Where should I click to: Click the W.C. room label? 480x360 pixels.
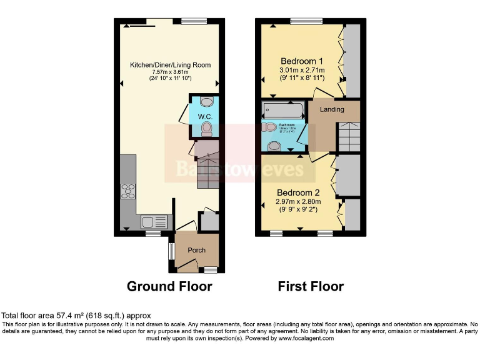(x=205, y=117)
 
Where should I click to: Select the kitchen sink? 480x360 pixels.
(x=149, y=221)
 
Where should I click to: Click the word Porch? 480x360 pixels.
(x=197, y=250)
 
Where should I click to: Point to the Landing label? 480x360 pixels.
(x=332, y=109)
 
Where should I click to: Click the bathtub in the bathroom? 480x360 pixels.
(x=283, y=111)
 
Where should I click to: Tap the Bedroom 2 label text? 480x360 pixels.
(x=299, y=192)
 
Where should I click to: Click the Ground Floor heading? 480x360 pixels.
(x=169, y=286)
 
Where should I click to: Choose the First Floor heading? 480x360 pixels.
(x=311, y=286)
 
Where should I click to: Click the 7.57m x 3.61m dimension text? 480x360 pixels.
(x=170, y=72)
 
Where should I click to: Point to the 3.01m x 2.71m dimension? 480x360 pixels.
(x=302, y=71)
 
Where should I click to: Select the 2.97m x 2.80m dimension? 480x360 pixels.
(x=299, y=201)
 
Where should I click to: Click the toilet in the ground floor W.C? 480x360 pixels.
(x=207, y=129)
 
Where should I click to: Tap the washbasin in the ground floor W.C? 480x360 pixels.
(x=207, y=102)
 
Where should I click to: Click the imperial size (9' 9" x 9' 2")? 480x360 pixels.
(x=299, y=209)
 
